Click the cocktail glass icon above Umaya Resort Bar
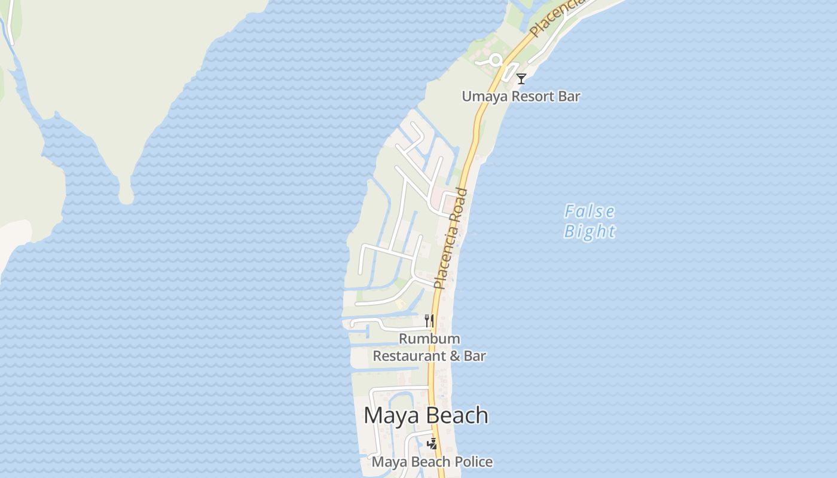(521, 78)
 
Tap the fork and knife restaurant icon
(429, 321)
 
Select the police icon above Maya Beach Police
(432, 443)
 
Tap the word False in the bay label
(589, 212)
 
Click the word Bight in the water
(589, 231)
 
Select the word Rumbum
(429, 339)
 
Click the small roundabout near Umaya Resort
(495, 60)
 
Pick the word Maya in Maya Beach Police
(387, 462)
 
